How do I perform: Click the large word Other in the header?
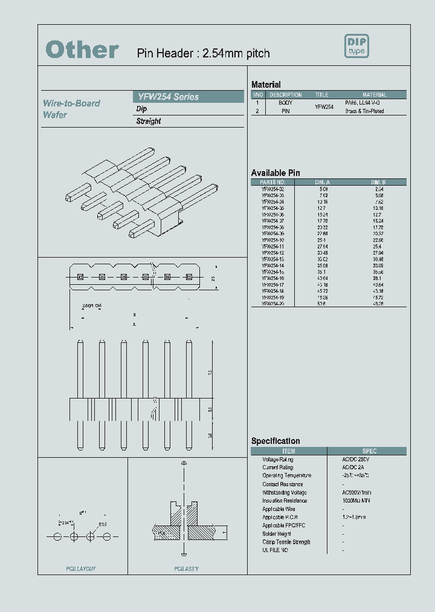82,50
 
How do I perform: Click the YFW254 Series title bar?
187,97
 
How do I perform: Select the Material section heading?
266,85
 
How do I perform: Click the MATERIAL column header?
375,95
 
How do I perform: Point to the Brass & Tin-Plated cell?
364,111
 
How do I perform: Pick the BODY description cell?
285,103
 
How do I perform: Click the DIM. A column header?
322,182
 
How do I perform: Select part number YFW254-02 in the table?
272,189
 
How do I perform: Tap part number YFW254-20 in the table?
272,304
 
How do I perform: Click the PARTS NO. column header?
272,182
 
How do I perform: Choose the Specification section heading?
275,441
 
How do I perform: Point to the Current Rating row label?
277,467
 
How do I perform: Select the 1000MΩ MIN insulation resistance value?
356,501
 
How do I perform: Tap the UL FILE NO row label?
275,550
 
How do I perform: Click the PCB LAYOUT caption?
81,569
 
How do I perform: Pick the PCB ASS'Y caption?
187,569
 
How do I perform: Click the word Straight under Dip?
149,121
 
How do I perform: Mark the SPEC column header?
369,451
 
